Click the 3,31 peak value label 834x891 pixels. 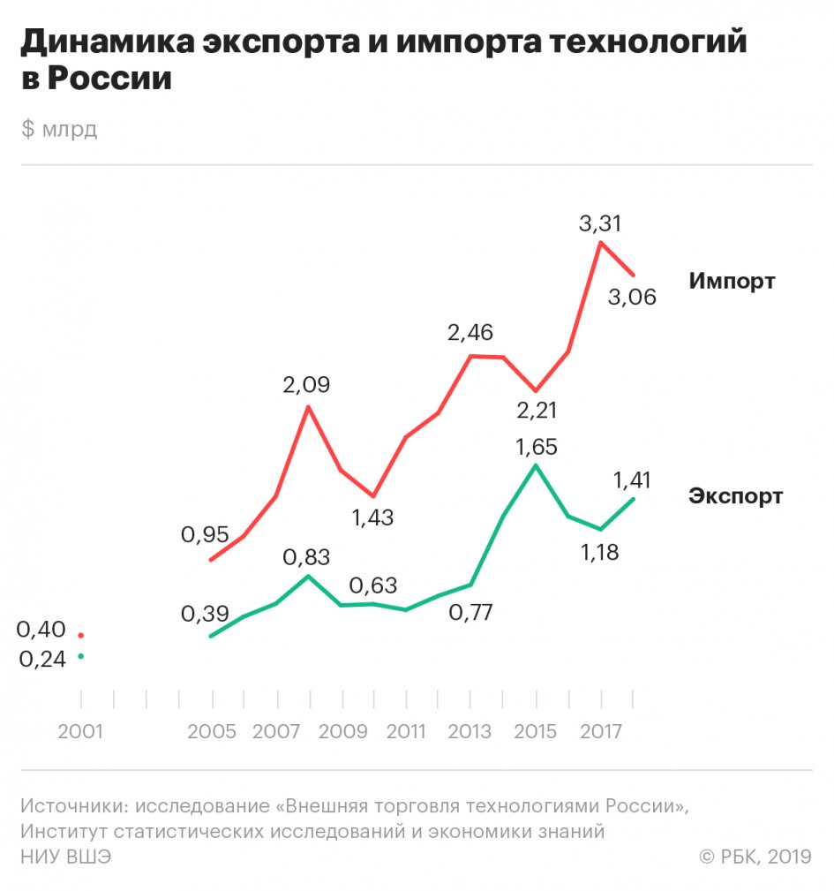click(599, 223)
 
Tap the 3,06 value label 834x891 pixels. click(632, 297)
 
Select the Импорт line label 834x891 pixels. click(732, 282)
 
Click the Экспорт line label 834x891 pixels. click(735, 495)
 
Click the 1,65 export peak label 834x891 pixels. click(535, 446)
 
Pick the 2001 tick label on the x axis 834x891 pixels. click(80, 732)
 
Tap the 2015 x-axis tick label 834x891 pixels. click(535, 732)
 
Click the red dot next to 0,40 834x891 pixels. click(80, 635)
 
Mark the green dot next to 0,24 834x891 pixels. click(80, 656)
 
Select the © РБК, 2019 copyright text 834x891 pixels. click(755, 857)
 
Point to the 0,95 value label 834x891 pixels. click(205, 534)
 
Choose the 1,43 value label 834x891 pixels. click(372, 518)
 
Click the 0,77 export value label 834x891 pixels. click(470, 611)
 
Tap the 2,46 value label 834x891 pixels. click(470, 333)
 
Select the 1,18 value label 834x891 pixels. click(599, 553)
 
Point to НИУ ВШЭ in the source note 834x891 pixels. click(66, 857)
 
